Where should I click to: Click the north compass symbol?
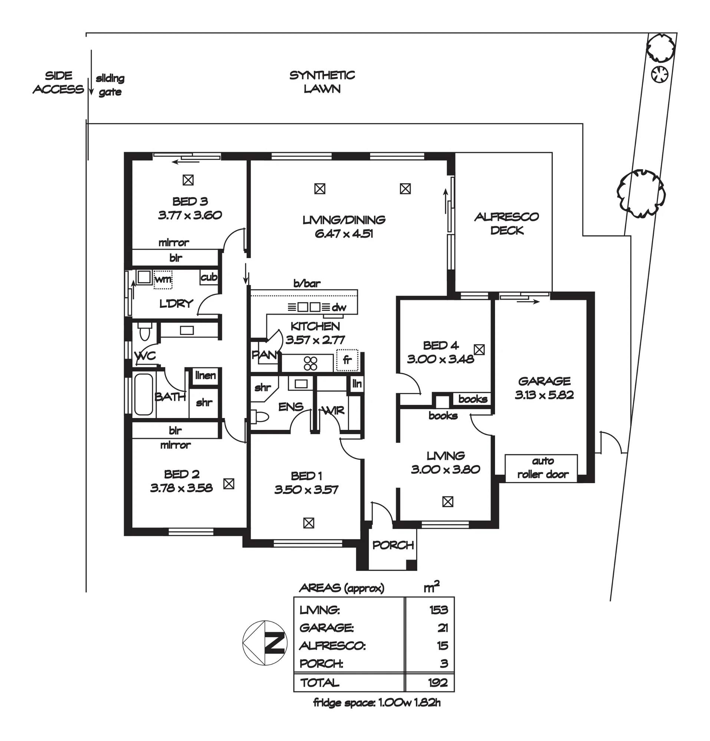click(264, 643)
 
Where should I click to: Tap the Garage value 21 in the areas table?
click(443, 628)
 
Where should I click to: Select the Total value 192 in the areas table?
click(438, 682)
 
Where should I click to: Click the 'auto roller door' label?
click(543, 468)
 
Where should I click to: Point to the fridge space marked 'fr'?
click(347, 360)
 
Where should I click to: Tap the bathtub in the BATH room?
click(144, 395)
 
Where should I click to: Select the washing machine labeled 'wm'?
click(163, 280)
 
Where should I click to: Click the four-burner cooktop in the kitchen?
click(310, 363)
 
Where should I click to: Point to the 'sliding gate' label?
click(110, 85)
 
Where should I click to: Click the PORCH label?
click(393, 545)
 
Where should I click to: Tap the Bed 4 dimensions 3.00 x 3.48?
click(441, 359)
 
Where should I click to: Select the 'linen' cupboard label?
click(206, 375)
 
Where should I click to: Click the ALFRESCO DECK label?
click(506, 223)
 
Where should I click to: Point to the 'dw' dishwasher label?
click(339, 308)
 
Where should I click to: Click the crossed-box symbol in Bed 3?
click(188, 180)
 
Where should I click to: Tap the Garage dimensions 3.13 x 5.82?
click(544, 395)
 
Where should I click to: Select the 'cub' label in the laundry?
click(209, 277)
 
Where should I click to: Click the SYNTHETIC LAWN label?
click(322, 82)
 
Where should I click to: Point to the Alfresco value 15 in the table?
click(443, 646)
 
